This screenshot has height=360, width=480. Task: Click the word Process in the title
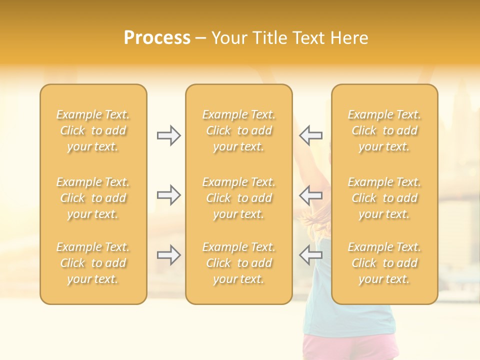click(157, 38)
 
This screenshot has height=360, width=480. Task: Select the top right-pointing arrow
click(169, 135)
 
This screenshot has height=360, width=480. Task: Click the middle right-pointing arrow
click(169, 195)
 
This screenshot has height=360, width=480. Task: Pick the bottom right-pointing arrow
click(169, 255)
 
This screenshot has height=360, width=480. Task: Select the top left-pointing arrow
click(310, 135)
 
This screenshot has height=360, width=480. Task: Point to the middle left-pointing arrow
click(310, 195)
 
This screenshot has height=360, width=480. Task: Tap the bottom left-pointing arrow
click(310, 255)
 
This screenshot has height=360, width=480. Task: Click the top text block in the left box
click(93, 130)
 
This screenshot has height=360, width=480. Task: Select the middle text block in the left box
click(93, 198)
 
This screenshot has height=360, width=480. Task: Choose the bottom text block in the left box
click(93, 263)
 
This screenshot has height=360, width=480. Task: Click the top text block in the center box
click(239, 130)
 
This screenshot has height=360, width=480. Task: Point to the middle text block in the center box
click(239, 198)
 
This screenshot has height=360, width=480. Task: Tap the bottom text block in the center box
click(239, 263)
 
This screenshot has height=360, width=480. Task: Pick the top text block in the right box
click(384, 130)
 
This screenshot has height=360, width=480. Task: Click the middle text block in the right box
click(384, 198)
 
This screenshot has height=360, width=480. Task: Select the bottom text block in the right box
click(384, 263)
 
